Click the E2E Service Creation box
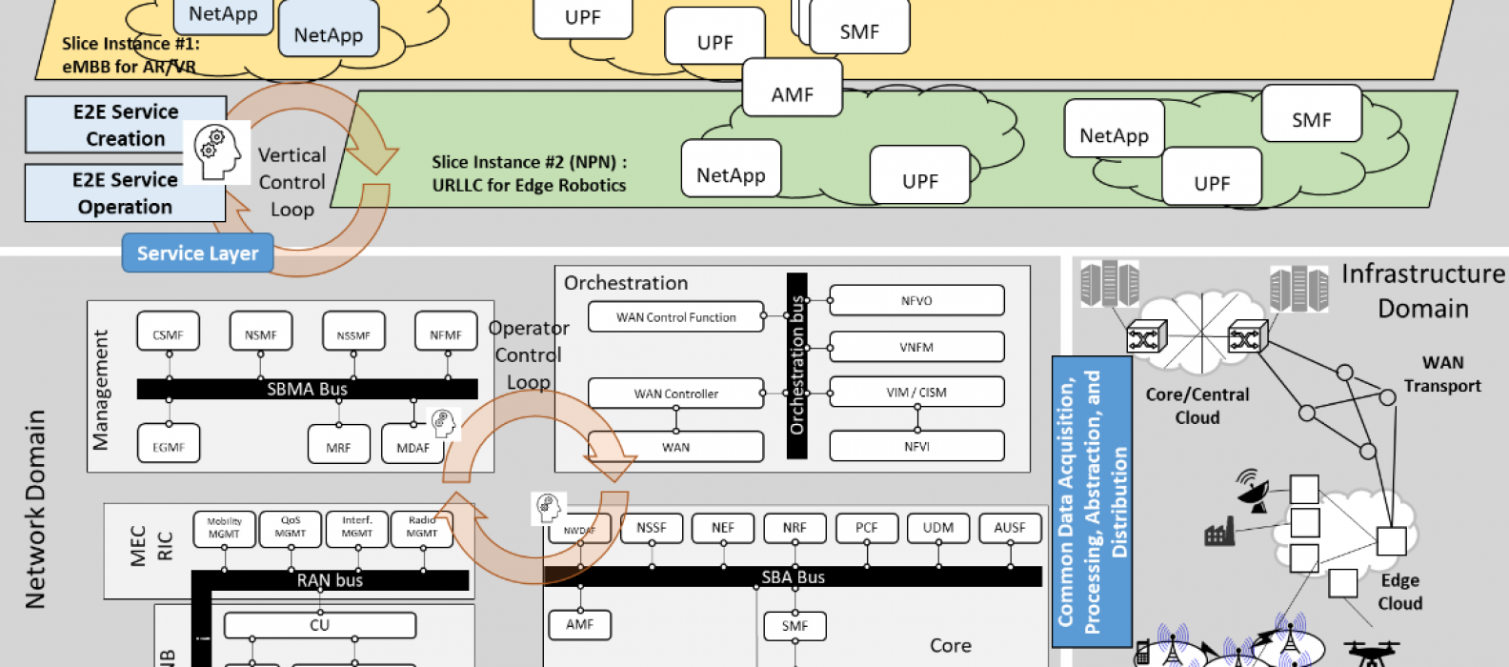coord(125,125)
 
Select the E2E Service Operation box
coord(125,193)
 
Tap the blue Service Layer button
coord(197,253)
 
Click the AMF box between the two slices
coord(792,93)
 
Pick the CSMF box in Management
coord(168,334)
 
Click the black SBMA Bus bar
coord(307,389)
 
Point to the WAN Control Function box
coord(675,317)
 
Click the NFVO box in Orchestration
coord(915,300)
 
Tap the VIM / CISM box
coord(915,392)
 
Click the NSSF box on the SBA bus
coord(652,527)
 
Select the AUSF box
coord(1009,527)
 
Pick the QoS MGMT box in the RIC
coord(291,527)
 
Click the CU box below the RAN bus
coord(319,625)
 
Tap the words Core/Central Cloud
coord(1197,406)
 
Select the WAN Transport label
coord(1442,374)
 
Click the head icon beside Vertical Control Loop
coord(216,152)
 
